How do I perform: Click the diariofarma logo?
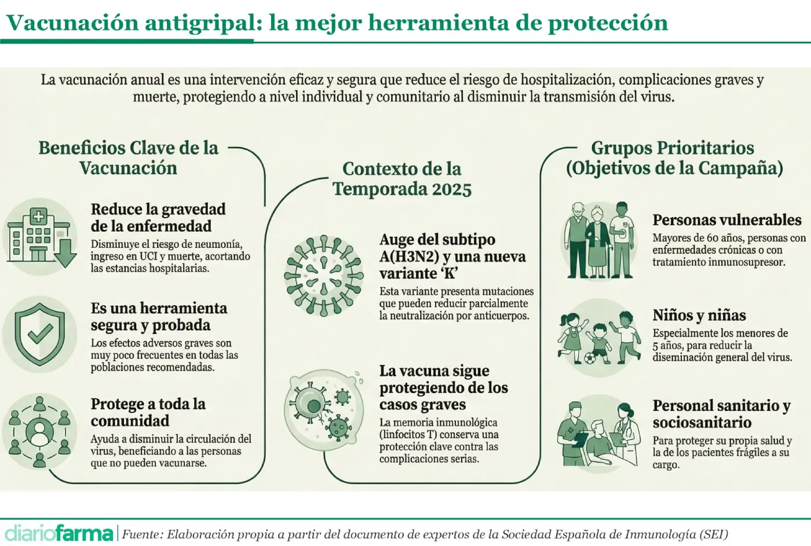59,533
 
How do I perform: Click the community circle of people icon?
39,431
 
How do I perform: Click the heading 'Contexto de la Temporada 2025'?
402,179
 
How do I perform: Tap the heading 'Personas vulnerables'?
726,220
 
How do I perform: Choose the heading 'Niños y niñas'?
699,316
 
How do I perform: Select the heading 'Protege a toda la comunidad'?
148,412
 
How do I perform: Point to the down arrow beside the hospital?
65,253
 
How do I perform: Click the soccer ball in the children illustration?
590,358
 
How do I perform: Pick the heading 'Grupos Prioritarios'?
672,148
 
